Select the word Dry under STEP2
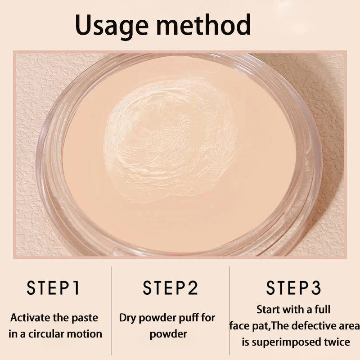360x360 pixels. tap(128, 318)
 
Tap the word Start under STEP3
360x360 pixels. tap(268, 310)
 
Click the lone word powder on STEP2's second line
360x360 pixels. tap(168, 334)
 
